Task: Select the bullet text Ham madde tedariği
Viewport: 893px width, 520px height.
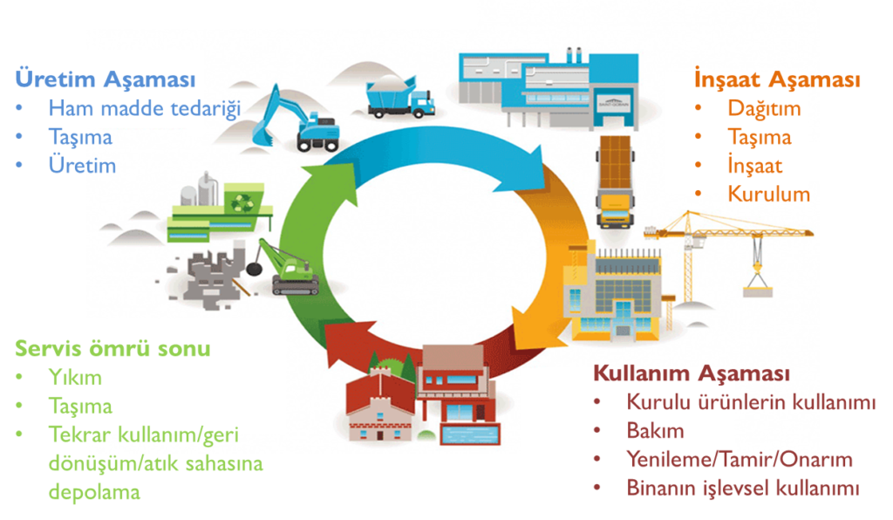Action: pyautogui.click(x=144, y=108)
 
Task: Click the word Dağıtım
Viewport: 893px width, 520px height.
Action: pyautogui.click(x=764, y=108)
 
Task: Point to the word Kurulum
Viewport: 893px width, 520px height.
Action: pyautogui.click(x=769, y=194)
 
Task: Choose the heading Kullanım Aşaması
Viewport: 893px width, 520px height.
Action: pyautogui.click(x=692, y=373)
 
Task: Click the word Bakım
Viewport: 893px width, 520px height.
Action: pyautogui.click(x=655, y=431)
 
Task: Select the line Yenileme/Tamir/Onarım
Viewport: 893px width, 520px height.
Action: pyautogui.click(x=740, y=460)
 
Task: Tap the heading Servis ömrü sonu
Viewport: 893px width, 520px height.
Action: pyautogui.click(x=112, y=349)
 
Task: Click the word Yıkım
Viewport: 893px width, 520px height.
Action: pyautogui.click(x=75, y=378)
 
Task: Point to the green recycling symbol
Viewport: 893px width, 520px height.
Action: pyautogui.click(x=238, y=201)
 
